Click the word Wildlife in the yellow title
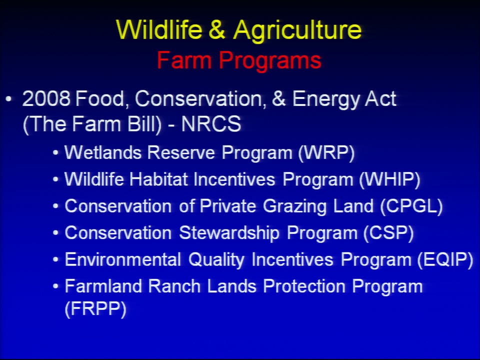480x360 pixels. (x=159, y=29)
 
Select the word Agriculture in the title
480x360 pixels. (x=297, y=30)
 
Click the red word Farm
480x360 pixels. (x=184, y=60)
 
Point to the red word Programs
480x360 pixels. (x=270, y=61)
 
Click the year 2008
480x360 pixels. (x=46, y=99)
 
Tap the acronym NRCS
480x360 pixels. (x=211, y=124)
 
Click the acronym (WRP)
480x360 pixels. (x=326, y=152)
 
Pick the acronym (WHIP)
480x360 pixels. (x=389, y=179)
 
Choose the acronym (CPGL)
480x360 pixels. (x=411, y=206)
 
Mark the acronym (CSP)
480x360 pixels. (x=389, y=233)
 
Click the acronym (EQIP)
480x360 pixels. (x=445, y=259)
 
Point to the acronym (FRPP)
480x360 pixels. (x=95, y=308)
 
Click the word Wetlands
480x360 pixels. (x=103, y=152)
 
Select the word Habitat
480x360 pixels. (x=158, y=179)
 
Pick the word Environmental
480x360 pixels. (x=123, y=259)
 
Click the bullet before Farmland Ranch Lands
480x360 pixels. (x=55, y=286)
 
